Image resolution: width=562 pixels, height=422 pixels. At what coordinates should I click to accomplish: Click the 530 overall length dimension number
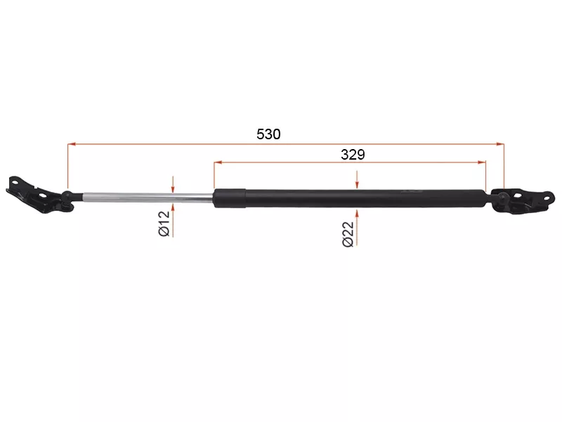tap(268, 134)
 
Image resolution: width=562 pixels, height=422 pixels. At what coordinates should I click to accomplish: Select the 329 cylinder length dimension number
tap(353, 155)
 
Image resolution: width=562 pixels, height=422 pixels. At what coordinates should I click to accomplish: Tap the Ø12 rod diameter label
tap(164, 224)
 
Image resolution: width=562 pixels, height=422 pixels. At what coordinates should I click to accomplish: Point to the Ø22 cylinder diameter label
tap(348, 234)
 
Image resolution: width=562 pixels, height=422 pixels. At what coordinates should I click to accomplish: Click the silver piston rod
tap(148, 197)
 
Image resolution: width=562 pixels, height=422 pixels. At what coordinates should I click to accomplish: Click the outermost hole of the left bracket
tap(15, 182)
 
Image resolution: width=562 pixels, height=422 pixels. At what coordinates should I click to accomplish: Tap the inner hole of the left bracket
tap(42, 196)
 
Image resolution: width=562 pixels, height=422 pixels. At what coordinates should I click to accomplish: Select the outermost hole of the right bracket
tap(547, 198)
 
